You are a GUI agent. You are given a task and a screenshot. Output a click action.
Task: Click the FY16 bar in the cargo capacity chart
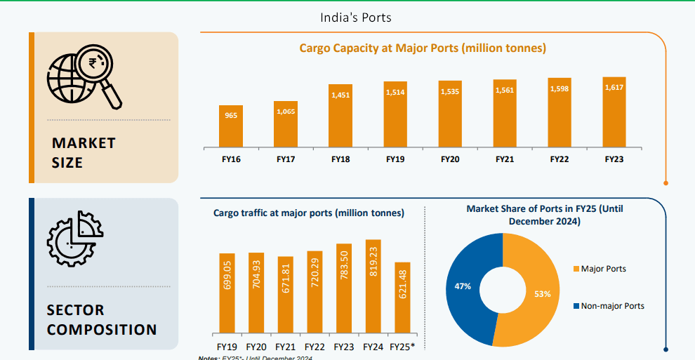[x=231, y=127]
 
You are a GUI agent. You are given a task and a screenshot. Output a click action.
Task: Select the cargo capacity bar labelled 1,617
[x=614, y=112]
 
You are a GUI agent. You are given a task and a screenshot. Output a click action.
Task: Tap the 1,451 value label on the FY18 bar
[x=340, y=93]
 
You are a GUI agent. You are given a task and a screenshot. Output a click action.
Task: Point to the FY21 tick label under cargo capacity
[x=505, y=160]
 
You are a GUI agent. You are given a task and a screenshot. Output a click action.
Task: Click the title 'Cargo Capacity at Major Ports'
[x=423, y=48]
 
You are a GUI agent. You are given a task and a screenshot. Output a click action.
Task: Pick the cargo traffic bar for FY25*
[x=402, y=298]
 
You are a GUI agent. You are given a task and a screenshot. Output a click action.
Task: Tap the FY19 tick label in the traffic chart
[x=227, y=347]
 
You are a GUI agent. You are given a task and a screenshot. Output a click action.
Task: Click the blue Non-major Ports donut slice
[x=469, y=288]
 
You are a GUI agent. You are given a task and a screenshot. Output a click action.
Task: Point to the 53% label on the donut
[x=542, y=294]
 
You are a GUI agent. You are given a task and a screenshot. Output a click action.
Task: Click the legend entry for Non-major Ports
[x=609, y=306]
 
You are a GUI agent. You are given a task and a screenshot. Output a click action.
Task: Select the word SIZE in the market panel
[x=67, y=163]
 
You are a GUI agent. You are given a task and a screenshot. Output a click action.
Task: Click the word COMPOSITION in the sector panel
[x=102, y=329]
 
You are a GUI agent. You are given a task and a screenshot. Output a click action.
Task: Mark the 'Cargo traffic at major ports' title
[x=309, y=213]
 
